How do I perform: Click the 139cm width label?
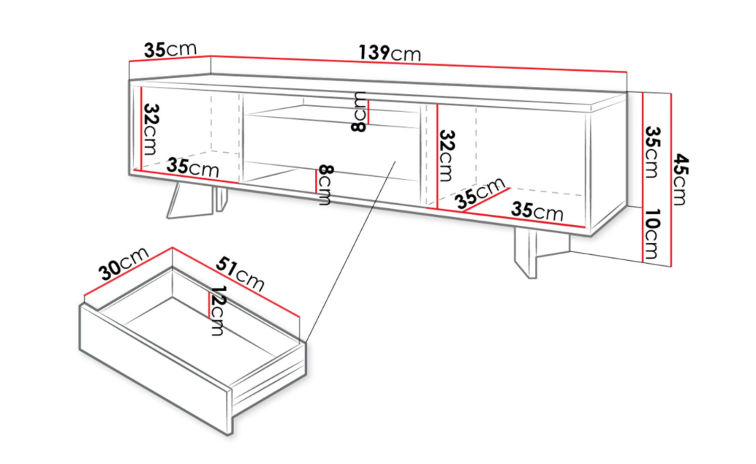tap(390, 53)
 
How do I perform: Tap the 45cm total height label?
tap(680, 179)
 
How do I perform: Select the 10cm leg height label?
tap(651, 234)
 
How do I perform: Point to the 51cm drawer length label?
tap(240, 273)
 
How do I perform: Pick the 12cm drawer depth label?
tap(217, 311)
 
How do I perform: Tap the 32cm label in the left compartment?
tap(151, 129)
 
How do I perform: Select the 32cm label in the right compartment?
tap(447, 155)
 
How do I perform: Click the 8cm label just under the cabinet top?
tap(359, 112)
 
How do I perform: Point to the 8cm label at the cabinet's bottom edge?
tap(325, 185)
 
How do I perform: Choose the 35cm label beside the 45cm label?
tap(651, 152)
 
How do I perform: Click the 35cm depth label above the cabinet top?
tap(170, 49)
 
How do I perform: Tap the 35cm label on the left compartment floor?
tap(193, 167)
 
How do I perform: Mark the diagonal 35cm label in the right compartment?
tap(480, 193)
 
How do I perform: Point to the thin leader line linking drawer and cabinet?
tap(350, 251)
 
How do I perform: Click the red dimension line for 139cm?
tap(418, 64)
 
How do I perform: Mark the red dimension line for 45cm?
tap(671, 179)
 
